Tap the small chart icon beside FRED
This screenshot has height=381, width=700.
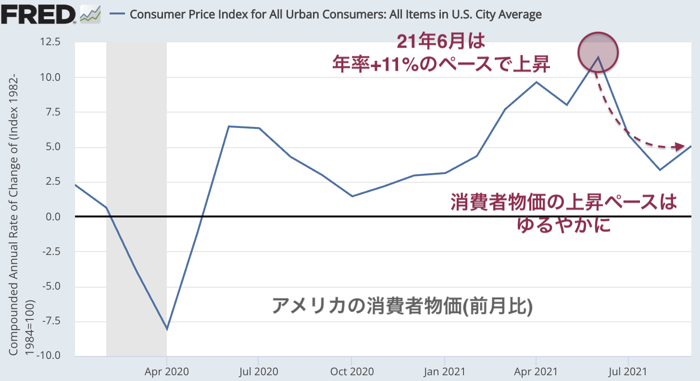point(90,15)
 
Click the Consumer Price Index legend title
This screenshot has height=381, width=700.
point(336,14)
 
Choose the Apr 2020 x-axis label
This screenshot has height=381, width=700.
point(166,371)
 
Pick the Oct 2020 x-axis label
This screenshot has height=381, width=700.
point(351,371)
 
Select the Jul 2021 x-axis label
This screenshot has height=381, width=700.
point(628,371)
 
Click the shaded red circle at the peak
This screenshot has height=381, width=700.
point(598,52)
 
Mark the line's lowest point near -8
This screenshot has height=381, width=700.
point(167,330)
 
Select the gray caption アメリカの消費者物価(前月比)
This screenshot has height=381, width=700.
point(402,306)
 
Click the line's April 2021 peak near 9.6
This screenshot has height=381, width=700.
point(537,82)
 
